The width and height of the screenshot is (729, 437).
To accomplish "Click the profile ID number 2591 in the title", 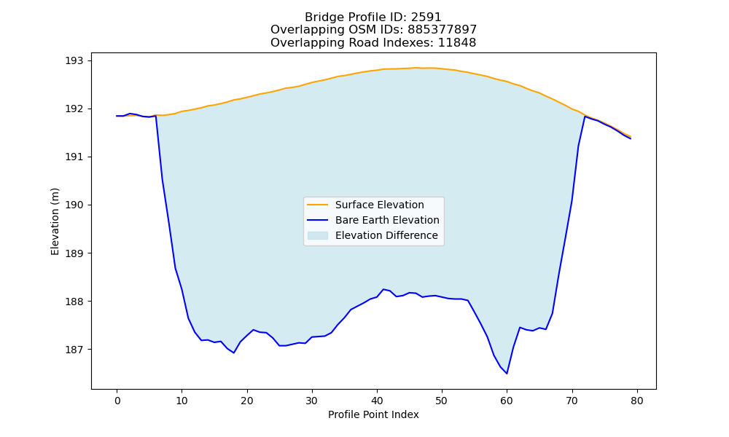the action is point(426,17).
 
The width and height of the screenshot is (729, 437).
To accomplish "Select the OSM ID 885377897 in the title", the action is point(443,30).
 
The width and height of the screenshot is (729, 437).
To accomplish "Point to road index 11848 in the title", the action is point(457,43).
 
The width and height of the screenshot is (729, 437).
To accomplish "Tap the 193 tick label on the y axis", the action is point(75,61).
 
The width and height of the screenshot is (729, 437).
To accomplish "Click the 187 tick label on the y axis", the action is point(75,350).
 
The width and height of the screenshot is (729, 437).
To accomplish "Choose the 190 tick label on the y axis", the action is point(75,205).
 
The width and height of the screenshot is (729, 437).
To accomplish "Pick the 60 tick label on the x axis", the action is point(507,401).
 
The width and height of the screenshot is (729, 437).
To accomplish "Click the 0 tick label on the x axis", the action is point(117,401).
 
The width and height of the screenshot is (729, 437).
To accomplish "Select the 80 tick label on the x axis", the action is point(637,401).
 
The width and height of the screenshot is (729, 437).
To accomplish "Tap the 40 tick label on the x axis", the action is point(377,401).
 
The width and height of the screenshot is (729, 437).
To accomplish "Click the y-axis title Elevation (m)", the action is point(55,221).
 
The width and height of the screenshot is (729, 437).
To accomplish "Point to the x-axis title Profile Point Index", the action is point(373,414).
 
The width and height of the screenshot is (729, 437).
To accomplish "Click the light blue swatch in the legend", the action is point(318,235).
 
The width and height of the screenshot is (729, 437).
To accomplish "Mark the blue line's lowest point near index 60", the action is point(507,374).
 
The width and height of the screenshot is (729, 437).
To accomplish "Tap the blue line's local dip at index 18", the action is point(234,353).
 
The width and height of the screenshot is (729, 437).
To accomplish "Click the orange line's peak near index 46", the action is point(416,68).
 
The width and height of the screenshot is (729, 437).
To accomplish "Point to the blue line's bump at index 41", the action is point(383,289).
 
